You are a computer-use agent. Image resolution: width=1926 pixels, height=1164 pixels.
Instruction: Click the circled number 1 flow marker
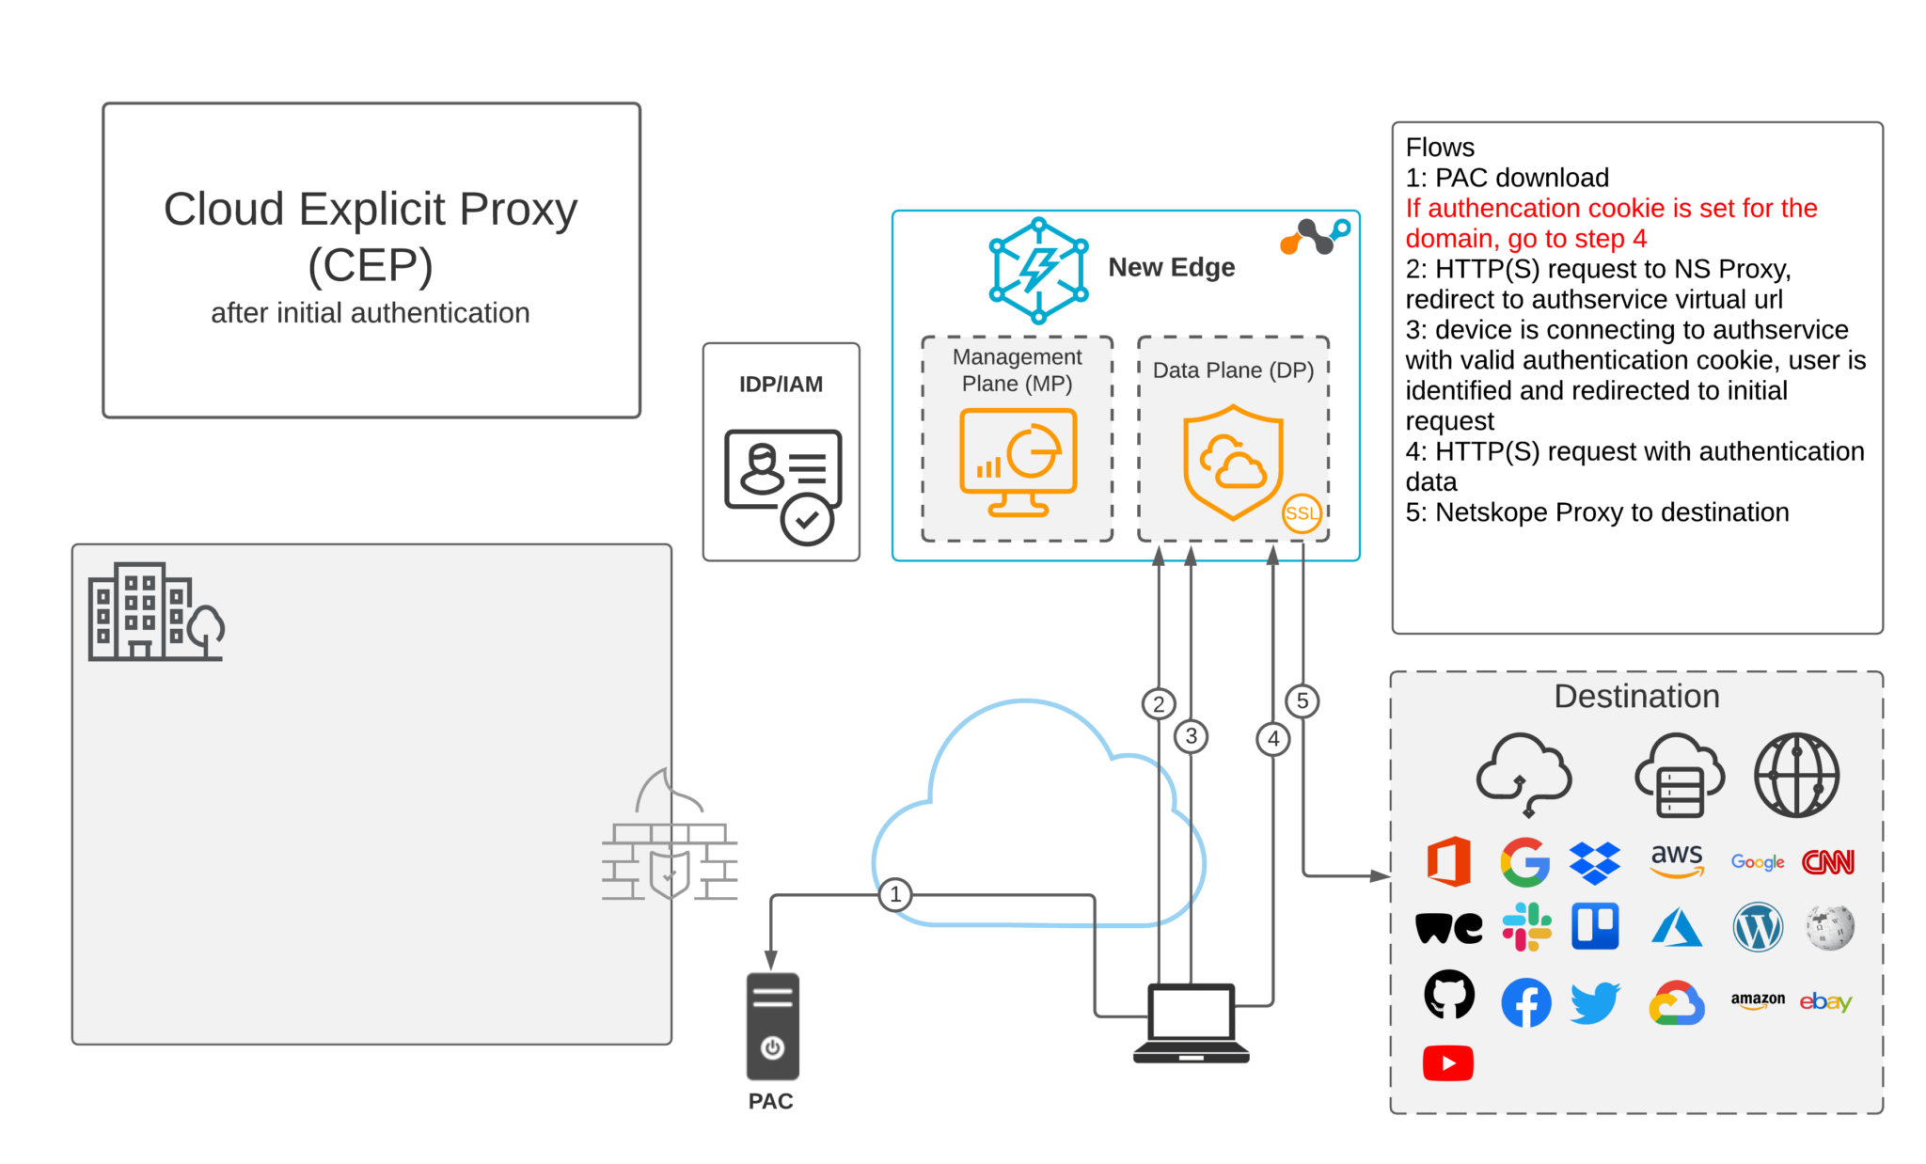coord(895,894)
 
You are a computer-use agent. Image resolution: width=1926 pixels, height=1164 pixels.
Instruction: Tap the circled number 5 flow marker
coord(1302,700)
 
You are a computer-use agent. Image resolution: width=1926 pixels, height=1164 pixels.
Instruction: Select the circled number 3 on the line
coord(1192,736)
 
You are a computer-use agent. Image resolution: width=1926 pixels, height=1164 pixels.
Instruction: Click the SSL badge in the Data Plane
coord(1302,513)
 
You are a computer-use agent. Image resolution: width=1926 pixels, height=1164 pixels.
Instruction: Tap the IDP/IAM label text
coord(781,385)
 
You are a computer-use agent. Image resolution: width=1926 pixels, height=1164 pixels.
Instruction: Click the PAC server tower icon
coord(772,1027)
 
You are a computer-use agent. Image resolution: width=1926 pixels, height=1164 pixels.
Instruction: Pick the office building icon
coord(155,612)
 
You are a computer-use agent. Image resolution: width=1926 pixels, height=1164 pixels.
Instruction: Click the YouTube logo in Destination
coord(1448,1063)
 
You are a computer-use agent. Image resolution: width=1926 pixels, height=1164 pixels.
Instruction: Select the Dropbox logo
coord(1595,862)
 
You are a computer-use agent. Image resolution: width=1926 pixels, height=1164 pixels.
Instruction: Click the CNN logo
coord(1827,862)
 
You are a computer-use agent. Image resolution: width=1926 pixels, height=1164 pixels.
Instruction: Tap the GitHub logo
coord(1449,995)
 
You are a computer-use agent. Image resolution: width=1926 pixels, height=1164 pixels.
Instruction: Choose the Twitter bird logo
coord(1595,1002)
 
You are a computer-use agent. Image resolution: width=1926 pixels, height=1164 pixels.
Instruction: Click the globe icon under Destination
coord(1796,776)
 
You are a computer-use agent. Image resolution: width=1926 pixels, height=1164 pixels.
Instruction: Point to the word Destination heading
coord(1636,697)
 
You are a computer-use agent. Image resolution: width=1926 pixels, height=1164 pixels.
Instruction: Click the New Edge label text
coord(1171,268)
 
